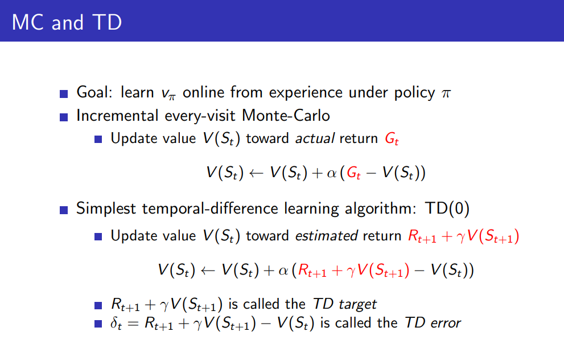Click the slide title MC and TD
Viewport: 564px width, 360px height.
[x=67, y=22]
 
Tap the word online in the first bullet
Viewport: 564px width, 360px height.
[x=204, y=92]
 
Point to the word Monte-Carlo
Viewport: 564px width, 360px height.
[x=286, y=116]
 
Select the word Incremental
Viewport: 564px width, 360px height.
[x=117, y=116]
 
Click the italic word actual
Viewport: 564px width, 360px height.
[x=315, y=138]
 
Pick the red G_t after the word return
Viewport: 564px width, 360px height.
[x=392, y=139]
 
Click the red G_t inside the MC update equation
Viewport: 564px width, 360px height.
[x=353, y=173]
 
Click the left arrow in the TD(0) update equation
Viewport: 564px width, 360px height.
[x=208, y=271]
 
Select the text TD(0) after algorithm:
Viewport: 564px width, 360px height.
[x=447, y=208]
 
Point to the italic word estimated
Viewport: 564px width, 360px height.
[x=326, y=236]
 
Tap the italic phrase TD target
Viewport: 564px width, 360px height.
[x=344, y=304]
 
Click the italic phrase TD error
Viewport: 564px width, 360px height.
[x=433, y=323]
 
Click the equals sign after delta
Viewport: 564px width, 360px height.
[x=133, y=324]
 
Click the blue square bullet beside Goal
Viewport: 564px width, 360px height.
[x=64, y=94]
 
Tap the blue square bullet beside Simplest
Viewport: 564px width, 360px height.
[x=64, y=210]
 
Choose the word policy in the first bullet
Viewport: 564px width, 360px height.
[x=414, y=93]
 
